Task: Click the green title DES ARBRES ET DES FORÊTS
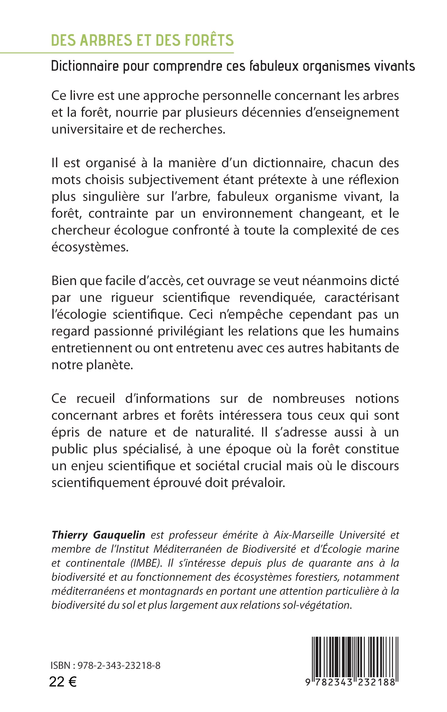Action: coord(142,40)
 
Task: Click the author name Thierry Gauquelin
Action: coord(98,535)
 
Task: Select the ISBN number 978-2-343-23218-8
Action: coord(119,665)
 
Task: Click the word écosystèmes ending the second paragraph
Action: coord(90,247)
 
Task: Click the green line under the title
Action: coord(117,53)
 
